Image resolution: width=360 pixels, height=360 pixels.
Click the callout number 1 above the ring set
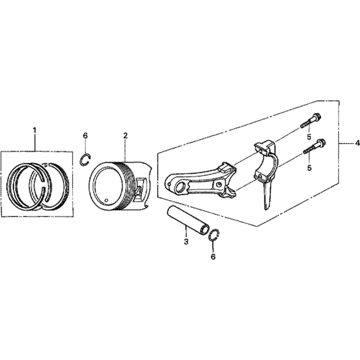(x=35, y=130)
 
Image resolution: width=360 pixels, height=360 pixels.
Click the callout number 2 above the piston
(x=125, y=135)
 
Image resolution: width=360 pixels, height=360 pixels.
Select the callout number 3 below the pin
(x=186, y=242)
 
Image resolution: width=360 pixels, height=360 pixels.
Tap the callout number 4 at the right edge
(x=357, y=143)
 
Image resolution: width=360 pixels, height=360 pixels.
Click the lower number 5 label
(x=309, y=167)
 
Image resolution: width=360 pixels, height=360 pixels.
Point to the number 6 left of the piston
(x=85, y=135)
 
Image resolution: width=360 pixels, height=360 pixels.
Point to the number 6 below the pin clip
(x=213, y=256)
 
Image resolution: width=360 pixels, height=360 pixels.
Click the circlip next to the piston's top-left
(x=85, y=159)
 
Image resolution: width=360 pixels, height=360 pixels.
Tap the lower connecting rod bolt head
(x=321, y=143)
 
